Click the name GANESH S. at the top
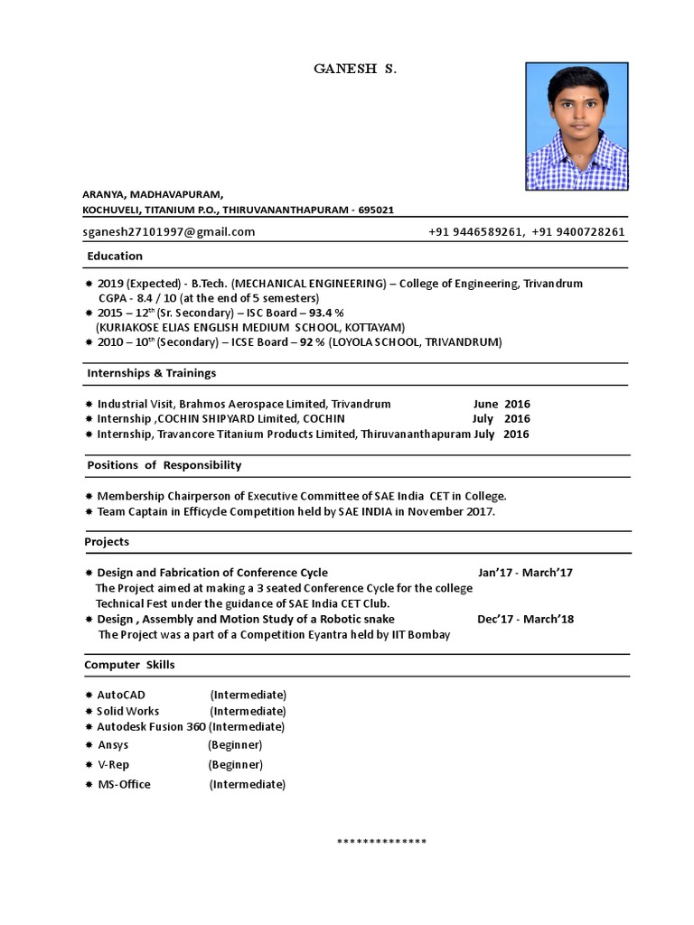[x=354, y=69]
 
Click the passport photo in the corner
[x=577, y=126]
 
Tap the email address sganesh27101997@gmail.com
[x=169, y=231]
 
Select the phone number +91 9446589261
[x=476, y=231]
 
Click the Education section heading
[x=115, y=256]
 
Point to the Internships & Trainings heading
[x=151, y=372]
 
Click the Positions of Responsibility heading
[x=164, y=464]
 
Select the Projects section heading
[x=107, y=541]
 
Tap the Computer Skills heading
[x=129, y=664]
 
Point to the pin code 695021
[x=376, y=210]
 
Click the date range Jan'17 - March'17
[x=525, y=573]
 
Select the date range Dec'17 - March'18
[x=525, y=619]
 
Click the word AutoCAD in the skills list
[x=121, y=695]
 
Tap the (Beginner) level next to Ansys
[x=235, y=744]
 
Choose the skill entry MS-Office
[x=124, y=784]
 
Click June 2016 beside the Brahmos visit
[x=502, y=404]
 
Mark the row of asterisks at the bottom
[x=381, y=842]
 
